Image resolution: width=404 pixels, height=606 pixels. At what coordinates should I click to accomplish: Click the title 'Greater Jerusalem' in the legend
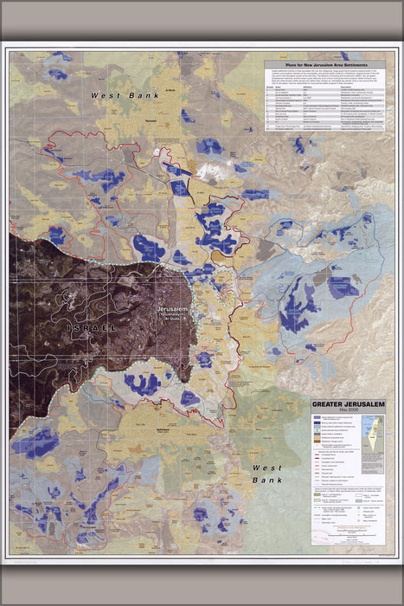(347, 403)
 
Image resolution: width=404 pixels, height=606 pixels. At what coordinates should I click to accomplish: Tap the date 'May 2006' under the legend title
(347, 409)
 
